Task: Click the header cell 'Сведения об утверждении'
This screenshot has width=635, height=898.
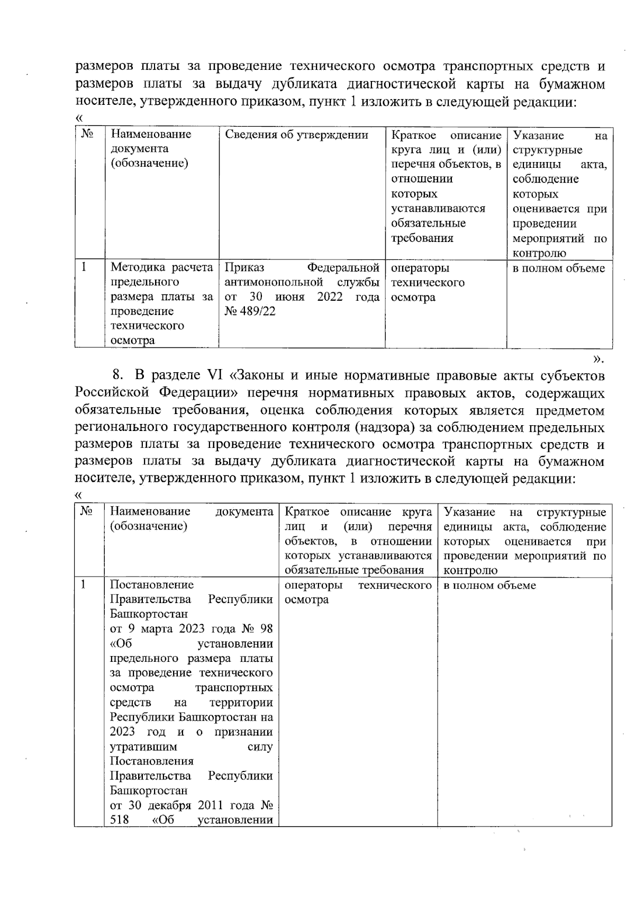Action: pos(296,134)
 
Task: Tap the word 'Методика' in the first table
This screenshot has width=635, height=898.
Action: pos(132,268)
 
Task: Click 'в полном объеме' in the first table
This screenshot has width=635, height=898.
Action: pos(558,268)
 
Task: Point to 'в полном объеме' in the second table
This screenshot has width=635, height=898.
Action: pos(489,585)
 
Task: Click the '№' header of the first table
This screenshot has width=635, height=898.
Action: pos(87,134)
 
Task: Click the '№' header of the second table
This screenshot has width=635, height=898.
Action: pos(87,511)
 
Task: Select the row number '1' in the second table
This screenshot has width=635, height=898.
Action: pos(83,585)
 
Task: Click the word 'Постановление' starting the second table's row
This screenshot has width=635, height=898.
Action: pos(152,585)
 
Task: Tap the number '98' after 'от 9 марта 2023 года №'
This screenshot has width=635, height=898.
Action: pos(267,629)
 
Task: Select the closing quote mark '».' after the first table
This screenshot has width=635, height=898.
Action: pos(598,360)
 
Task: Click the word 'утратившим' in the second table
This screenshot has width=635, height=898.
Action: pos(143,747)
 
